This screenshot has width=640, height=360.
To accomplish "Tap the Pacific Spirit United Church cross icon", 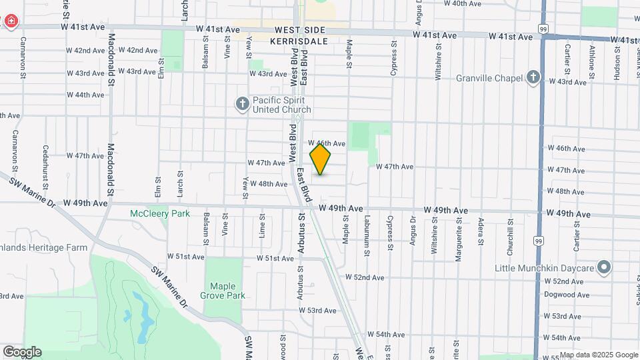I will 242,103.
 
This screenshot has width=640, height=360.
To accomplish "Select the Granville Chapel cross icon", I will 533,78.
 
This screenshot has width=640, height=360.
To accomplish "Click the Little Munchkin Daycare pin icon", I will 604,268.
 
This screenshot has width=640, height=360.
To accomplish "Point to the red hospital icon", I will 11,22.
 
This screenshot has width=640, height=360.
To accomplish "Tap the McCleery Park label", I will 160,214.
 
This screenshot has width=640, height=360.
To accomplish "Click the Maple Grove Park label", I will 223,291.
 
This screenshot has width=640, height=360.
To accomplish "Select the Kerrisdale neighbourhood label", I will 299,41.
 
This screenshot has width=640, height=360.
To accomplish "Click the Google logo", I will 22,352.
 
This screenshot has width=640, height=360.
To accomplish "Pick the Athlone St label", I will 591,58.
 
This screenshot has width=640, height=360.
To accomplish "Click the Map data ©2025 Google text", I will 599,355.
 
